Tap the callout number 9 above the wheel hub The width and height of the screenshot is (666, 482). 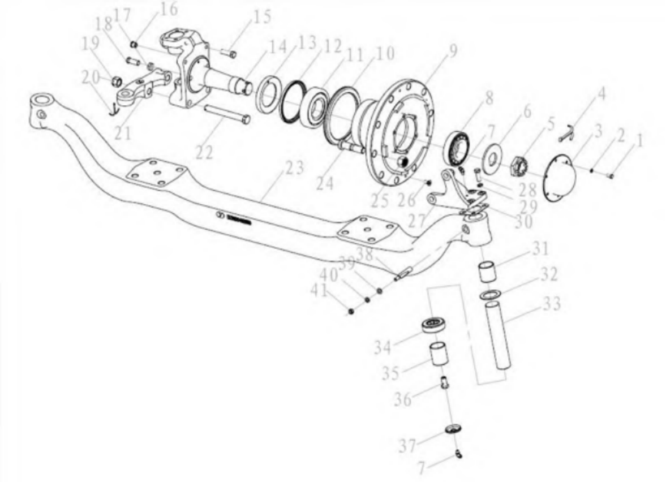453,50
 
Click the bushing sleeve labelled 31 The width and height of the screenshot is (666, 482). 488,272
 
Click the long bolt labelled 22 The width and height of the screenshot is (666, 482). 227,113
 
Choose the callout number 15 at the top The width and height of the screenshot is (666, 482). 261,16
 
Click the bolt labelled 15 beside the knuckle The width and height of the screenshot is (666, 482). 229,54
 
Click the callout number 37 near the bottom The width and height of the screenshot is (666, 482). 407,445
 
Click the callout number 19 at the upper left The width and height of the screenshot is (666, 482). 91,43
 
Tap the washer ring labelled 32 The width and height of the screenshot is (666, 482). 490,295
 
